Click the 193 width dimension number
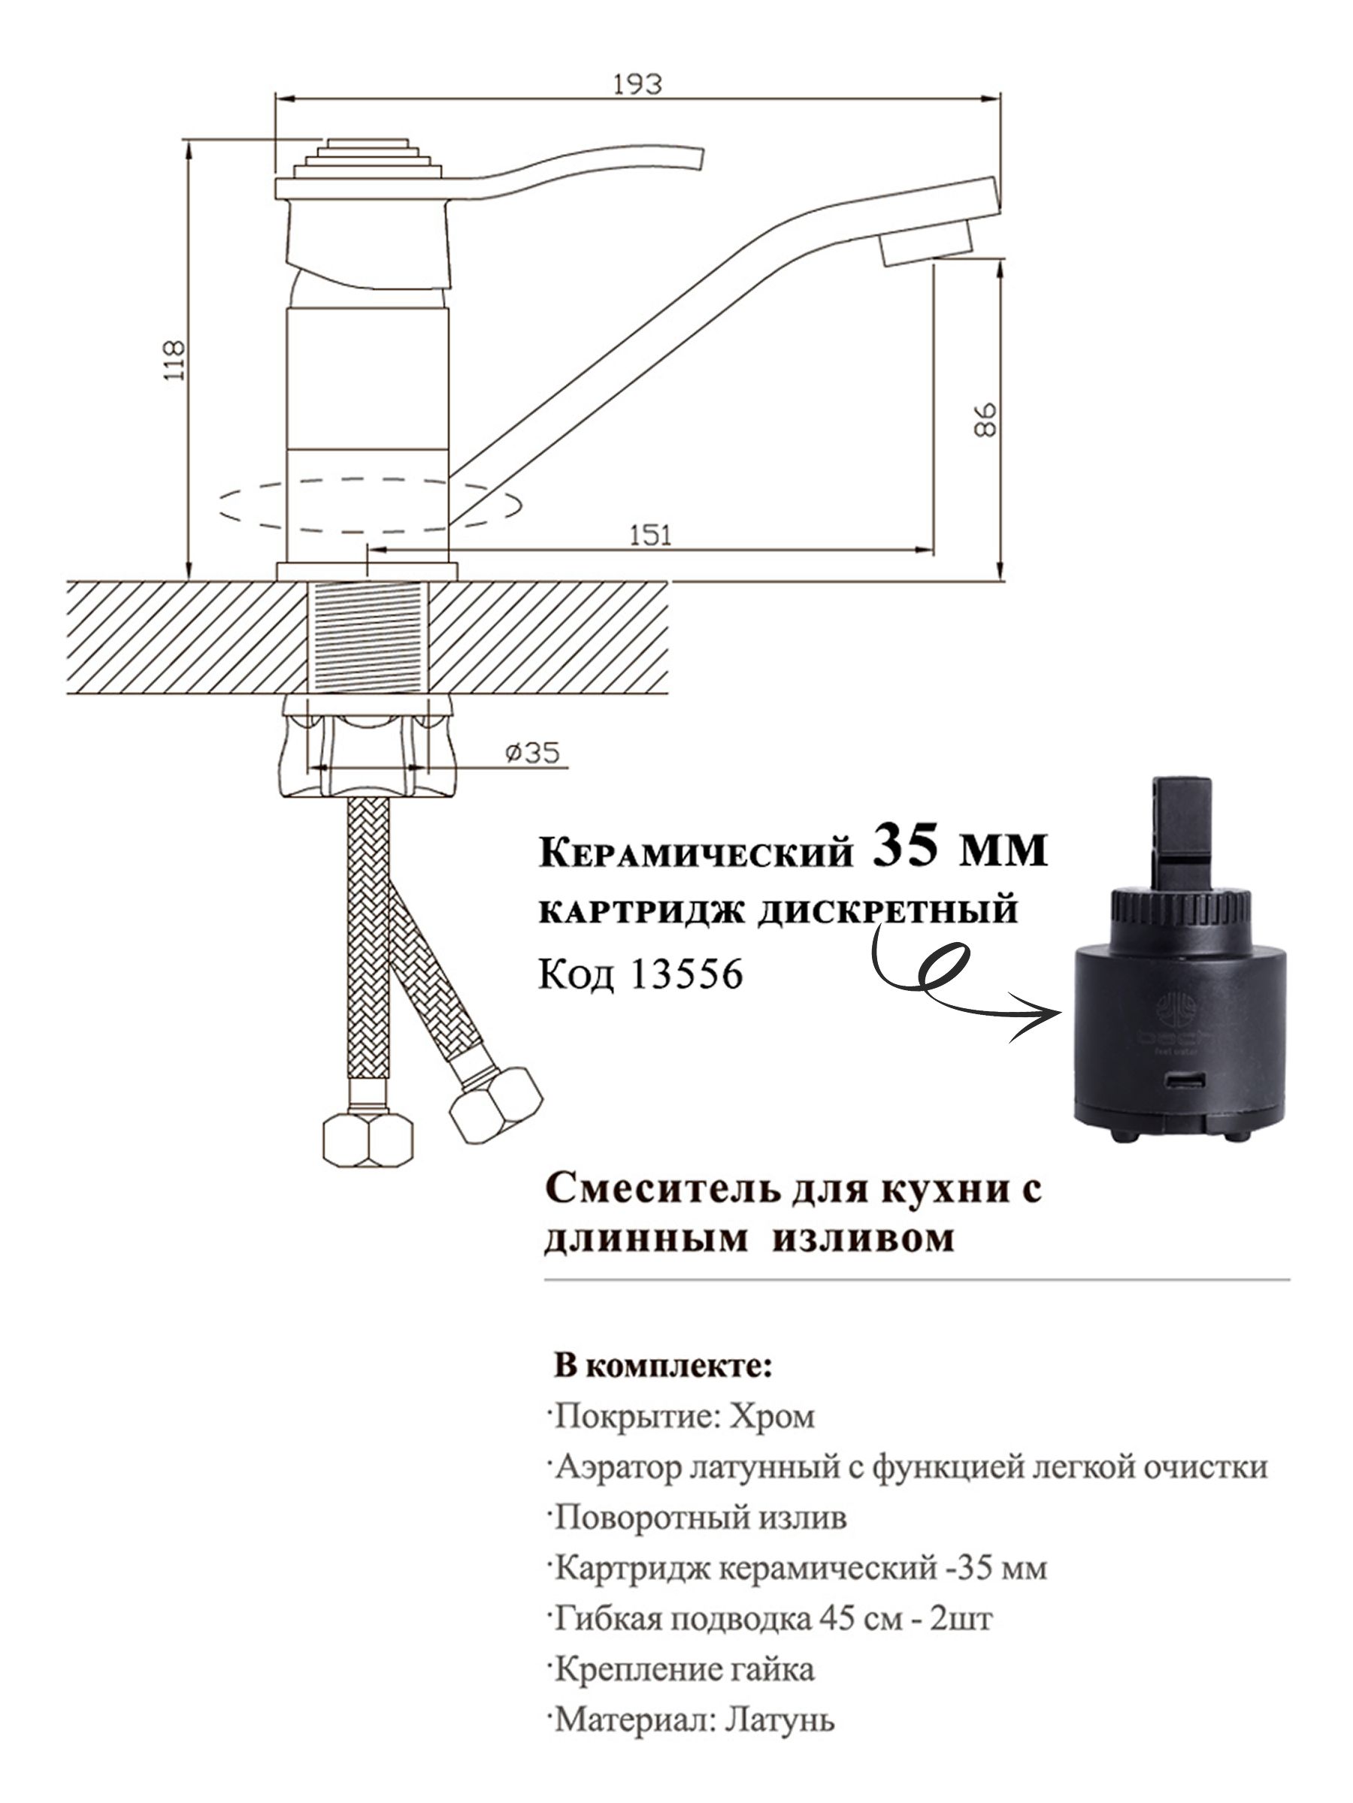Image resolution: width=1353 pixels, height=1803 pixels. pyautogui.click(x=637, y=84)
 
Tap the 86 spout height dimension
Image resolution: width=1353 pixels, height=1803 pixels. pyautogui.click(x=985, y=420)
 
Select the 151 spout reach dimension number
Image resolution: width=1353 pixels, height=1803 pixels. pyautogui.click(x=651, y=535)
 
